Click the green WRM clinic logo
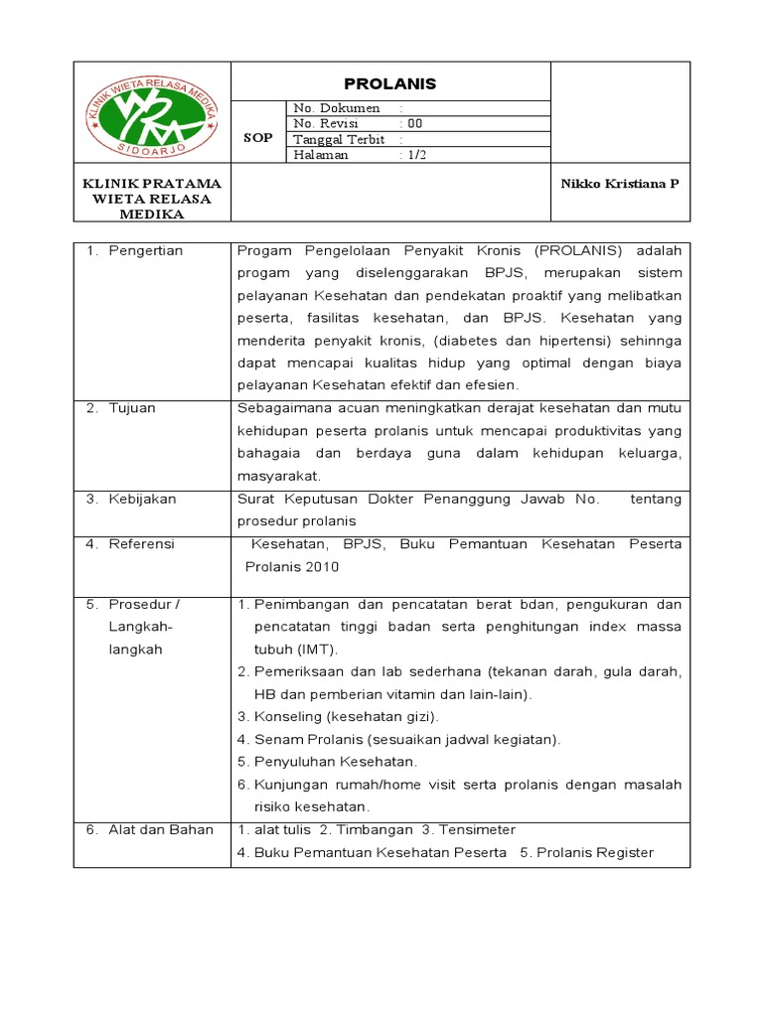152,118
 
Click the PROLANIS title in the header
389,83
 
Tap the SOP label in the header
257,139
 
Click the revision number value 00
414,123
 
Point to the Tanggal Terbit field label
339,139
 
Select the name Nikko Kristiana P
620,185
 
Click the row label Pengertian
146,251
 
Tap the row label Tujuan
132,408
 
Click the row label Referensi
141,544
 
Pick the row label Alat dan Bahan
161,830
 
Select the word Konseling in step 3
285,716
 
